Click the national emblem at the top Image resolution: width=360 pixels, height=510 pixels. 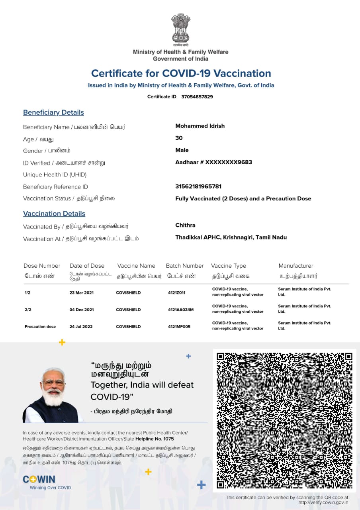[x=180, y=28]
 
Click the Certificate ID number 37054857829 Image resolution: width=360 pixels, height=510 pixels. [x=197, y=97]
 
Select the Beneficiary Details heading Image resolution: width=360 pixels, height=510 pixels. [x=53, y=112]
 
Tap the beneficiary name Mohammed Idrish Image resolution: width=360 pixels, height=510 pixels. [x=200, y=126]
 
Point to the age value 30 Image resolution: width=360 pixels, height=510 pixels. [x=179, y=138]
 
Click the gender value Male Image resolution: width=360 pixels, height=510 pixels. [x=182, y=150]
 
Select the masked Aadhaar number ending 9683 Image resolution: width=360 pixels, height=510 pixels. [x=213, y=162]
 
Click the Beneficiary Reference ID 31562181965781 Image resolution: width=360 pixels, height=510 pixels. [x=198, y=186]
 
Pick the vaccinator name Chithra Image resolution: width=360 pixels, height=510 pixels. [x=185, y=225]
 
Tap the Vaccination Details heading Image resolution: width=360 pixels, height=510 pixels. [x=54, y=214]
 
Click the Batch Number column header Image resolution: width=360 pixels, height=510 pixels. [x=185, y=266]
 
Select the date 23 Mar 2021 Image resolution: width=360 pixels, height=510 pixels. [x=82, y=293]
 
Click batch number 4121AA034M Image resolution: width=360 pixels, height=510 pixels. [x=181, y=310]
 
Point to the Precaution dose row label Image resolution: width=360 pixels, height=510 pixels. [x=40, y=327]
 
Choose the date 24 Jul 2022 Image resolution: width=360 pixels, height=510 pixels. [x=81, y=327]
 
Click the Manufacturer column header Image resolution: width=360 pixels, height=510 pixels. [x=296, y=266]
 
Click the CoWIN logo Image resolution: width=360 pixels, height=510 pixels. [x=39, y=479]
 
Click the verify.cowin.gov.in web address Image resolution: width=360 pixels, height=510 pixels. [x=323, y=502]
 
